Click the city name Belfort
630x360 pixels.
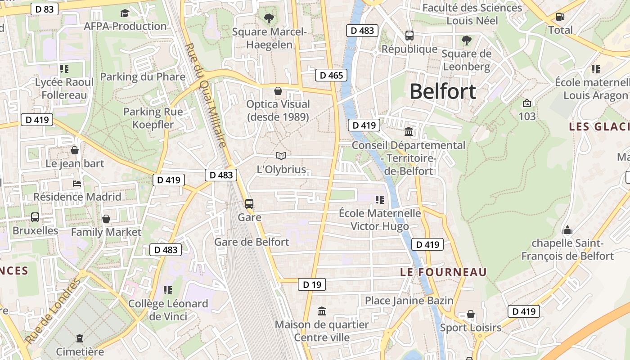[x=443, y=91]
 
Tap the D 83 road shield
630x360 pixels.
[x=45, y=9]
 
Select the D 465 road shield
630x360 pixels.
[x=331, y=75]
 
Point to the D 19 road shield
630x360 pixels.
[x=311, y=284]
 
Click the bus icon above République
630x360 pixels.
[x=409, y=36]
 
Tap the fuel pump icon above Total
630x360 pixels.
[x=560, y=17]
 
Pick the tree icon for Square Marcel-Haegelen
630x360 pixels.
[x=269, y=18]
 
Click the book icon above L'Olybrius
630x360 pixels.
[x=281, y=156]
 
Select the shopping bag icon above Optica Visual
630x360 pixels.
[x=278, y=91]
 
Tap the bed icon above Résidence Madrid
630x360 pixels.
[x=77, y=184]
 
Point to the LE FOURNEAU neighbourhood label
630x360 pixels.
[x=443, y=272]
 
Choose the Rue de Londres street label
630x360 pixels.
[x=53, y=311]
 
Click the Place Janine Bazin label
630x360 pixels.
[x=409, y=301]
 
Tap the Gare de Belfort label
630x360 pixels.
[x=252, y=242]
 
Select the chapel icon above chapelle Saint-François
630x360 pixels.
[x=567, y=230]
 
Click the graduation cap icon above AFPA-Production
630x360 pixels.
[x=125, y=13]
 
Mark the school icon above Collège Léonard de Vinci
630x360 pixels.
[x=168, y=290]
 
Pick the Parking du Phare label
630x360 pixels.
[x=143, y=77]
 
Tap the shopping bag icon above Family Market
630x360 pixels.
[x=106, y=219]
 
